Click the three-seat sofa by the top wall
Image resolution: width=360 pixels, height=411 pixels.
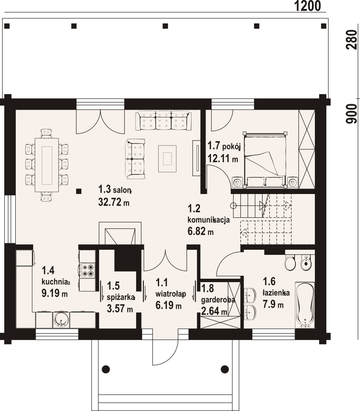(163, 121)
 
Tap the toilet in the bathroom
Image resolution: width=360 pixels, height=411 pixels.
(290, 263)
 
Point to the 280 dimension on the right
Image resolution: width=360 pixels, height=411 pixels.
(351, 41)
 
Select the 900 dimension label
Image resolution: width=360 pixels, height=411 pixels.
(351, 114)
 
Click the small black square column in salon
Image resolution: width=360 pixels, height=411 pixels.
(78, 191)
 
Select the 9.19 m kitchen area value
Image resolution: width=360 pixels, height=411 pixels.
(54, 293)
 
